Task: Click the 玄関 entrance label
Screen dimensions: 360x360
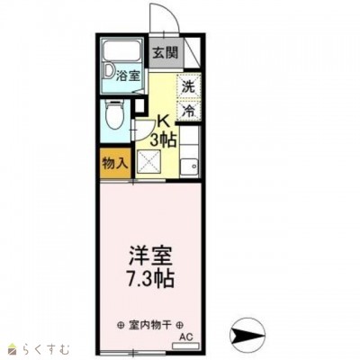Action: (x=165, y=51)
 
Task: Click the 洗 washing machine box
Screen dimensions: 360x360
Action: (x=189, y=88)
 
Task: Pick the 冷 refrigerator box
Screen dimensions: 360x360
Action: (x=189, y=112)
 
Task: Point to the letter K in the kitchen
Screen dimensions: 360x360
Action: (x=164, y=121)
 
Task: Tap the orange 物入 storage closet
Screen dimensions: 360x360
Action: (x=113, y=164)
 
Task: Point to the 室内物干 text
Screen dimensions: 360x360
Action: (x=149, y=324)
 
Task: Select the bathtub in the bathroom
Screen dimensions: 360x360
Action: (x=122, y=53)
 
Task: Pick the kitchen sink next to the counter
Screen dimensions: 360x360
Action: (x=192, y=166)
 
